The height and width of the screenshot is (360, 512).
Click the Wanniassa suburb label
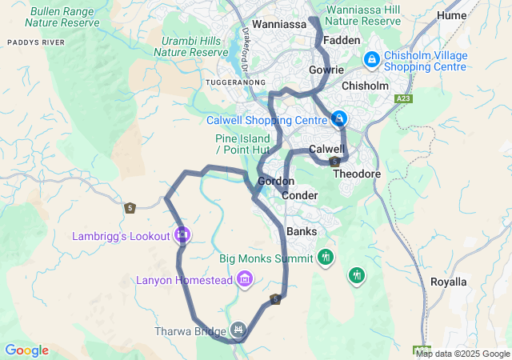click(279, 25)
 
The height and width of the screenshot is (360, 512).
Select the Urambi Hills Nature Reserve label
click(190, 46)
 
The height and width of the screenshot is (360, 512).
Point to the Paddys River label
click(32, 42)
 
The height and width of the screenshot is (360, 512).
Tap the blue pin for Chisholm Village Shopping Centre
click(371, 59)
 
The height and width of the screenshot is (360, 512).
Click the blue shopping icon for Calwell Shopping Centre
click(339, 119)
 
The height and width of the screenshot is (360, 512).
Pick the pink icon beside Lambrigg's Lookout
click(182, 235)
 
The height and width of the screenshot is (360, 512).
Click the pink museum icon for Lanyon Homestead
click(245, 279)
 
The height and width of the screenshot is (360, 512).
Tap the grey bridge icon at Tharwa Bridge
click(238, 330)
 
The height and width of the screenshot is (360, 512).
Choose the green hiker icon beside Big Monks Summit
click(325, 258)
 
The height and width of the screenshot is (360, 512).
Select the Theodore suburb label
click(352, 173)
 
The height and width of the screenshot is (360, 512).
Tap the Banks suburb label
click(302, 231)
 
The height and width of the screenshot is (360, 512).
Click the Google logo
click(26, 350)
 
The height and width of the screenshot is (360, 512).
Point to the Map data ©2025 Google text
click(462, 354)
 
